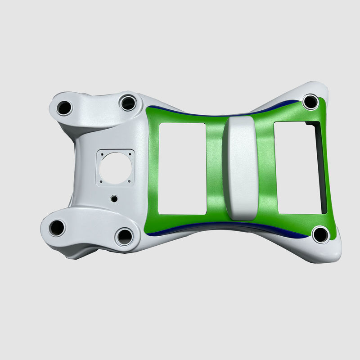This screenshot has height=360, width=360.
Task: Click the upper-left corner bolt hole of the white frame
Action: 64,108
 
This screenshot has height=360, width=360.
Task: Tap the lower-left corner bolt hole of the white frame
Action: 57,228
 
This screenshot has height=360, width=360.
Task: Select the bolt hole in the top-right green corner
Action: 310,102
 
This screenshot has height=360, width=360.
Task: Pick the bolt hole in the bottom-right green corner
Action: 321,234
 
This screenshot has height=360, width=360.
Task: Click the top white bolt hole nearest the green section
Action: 128,103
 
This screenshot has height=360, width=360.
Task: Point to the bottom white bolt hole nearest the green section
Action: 125,236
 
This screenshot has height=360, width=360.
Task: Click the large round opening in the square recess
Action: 115,168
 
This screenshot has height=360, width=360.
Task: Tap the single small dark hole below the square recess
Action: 114,198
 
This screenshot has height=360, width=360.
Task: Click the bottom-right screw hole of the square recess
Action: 130,181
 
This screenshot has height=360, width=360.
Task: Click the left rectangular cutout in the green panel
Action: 183,168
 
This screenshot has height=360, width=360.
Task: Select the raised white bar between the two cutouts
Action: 243,168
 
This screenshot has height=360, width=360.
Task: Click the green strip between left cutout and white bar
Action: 215,169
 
